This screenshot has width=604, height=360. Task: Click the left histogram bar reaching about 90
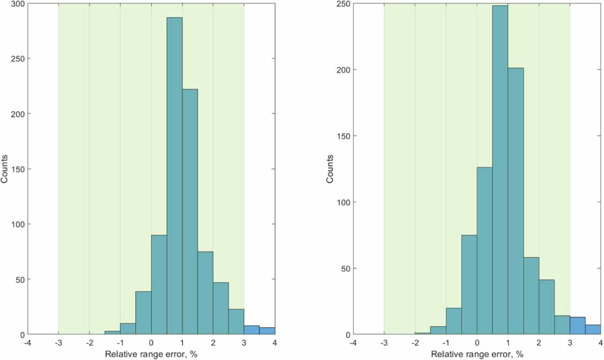pos(159,285)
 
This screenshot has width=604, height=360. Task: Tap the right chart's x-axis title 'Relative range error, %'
pos(477,355)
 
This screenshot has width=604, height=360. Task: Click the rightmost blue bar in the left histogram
pos(267,331)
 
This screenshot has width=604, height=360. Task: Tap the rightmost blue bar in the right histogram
pos(593,330)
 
